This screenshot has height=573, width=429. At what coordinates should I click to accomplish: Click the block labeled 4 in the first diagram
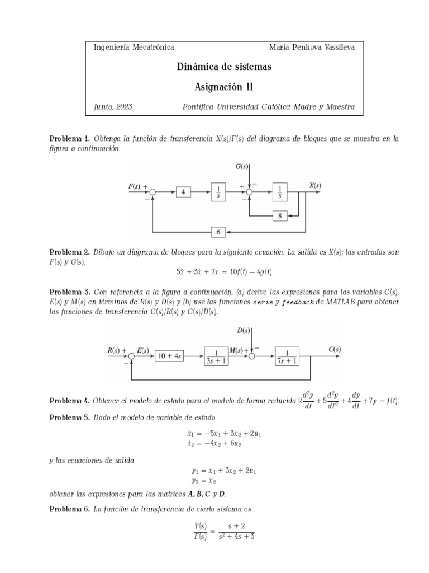point(183,192)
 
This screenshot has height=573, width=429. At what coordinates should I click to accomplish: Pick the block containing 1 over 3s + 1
point(216,355)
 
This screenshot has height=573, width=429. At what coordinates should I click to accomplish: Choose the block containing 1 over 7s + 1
point(287,355)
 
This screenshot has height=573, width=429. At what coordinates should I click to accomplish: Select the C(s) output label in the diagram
point(335,349)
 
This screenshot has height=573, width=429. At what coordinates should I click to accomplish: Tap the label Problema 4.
point(69,401)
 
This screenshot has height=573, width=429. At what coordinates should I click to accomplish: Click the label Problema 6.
point(69,509)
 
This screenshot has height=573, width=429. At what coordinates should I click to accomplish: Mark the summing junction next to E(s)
point(132,355)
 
